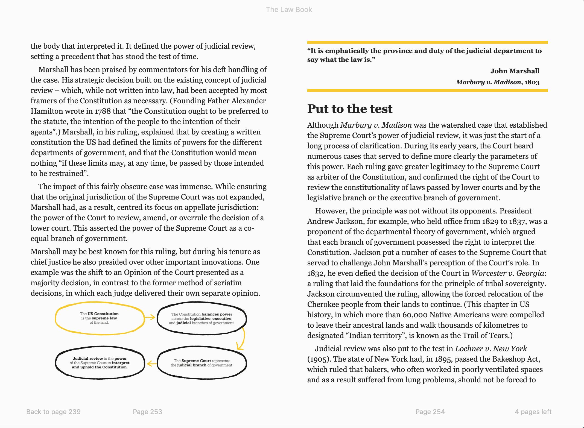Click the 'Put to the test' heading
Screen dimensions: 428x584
pos(350,109)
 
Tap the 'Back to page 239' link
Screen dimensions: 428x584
pos(53,412)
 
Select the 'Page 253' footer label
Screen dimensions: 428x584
pos(147,412)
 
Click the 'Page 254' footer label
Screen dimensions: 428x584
pos(430,412)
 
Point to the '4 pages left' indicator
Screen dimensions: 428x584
pos(533,412)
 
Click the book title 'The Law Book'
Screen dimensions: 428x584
pos(289,10)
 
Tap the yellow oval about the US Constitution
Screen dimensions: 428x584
pos(100,318)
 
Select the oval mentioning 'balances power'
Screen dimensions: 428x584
pos(202,318)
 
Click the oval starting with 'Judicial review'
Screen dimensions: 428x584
pos(100,363)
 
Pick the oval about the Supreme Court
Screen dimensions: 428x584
pos(202,363)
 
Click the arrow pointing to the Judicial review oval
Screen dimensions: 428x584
pos(152,363)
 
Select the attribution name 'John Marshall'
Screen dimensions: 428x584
pos(515,71)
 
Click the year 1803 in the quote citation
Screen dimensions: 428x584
pos(532,82)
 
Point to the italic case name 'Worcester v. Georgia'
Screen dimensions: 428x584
pos(508,273)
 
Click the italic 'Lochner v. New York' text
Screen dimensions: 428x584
pos(491,348)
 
